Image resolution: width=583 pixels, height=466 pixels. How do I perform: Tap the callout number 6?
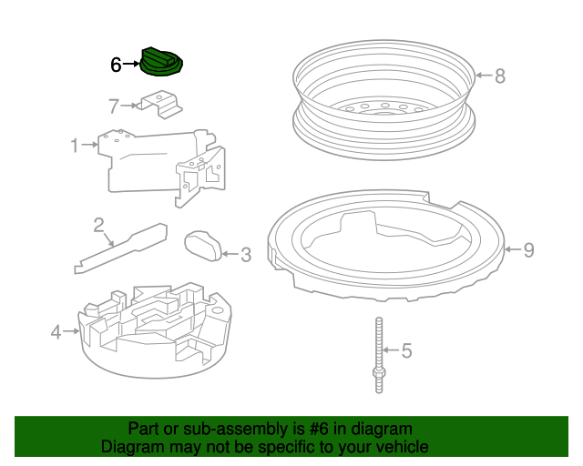tap(116, 65)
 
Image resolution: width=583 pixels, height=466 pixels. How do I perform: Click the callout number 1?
tap(77, 144)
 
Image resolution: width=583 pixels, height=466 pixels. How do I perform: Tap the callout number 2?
tap(97, 224)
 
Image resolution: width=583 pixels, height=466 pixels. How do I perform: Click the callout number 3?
tap(245, 256)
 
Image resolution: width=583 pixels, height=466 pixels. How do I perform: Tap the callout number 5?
tap(406, 349)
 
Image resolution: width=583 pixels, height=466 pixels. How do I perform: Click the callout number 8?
tap(499, 76)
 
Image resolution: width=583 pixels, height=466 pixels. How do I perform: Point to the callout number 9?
tap(527, 249)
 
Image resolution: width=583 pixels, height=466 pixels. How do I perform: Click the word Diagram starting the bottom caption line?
tap(131, 447)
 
